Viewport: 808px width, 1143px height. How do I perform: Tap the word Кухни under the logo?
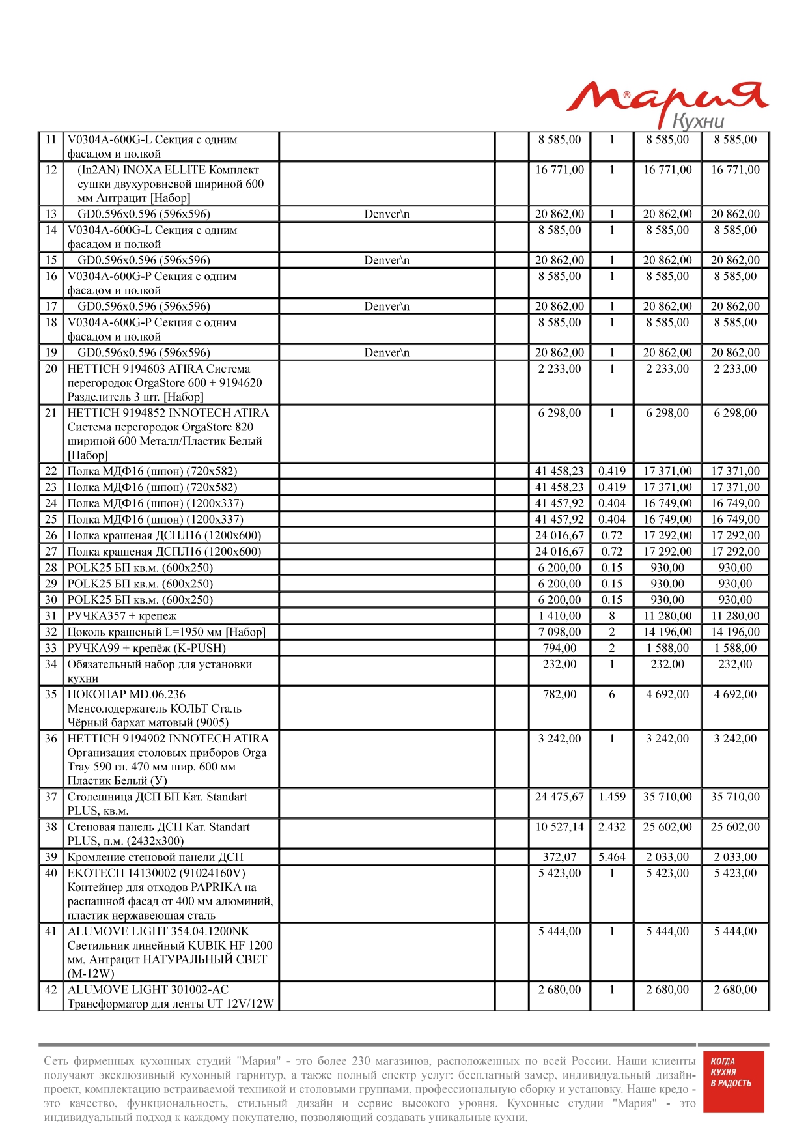(x=698, y=121)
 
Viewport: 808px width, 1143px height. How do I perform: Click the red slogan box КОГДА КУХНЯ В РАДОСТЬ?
(x=731, y=1081)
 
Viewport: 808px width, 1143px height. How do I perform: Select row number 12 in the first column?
(x=51, y=170)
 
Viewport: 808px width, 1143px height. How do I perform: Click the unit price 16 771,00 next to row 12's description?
(x=559, y=170)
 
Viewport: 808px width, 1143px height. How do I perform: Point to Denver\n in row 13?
(x=387, y=214)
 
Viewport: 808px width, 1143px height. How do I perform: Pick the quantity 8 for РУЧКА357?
(x=612, y=616)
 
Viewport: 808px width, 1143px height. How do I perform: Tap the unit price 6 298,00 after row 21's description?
(x=559, y=413)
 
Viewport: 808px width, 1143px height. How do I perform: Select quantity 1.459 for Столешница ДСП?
(x=612, y=797)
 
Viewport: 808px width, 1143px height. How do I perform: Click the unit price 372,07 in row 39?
(x=559, y=858)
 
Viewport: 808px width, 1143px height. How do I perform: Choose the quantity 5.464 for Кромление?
(x=612, y=858)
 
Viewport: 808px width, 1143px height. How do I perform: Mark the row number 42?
(x=51, y=990)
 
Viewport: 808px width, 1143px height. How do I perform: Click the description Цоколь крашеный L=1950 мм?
(x=166, y=632)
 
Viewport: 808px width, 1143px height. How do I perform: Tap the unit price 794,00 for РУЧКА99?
(x=559, y=649)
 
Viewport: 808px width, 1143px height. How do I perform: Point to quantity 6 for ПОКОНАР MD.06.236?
(x=612, y=695)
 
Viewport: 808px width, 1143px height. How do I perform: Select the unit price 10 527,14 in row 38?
(x=559, y=827)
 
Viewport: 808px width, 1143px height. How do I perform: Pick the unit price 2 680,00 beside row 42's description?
(x=559, y=990)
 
